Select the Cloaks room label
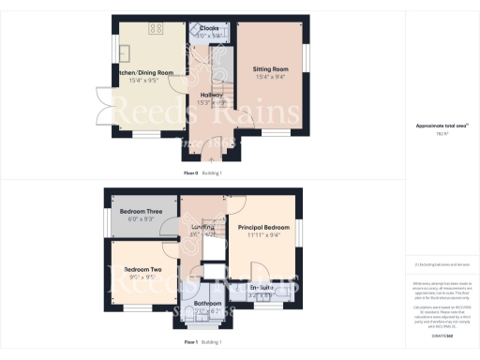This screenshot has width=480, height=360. pyautogui.click(x=209, y=28)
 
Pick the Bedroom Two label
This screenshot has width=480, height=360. pyautogui.click(x=143, y=270)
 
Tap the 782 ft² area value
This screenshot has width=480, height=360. pyautogui.click(x=440, y=134)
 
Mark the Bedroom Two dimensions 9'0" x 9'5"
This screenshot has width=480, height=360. pyautogui.click(x=143, y=277)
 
